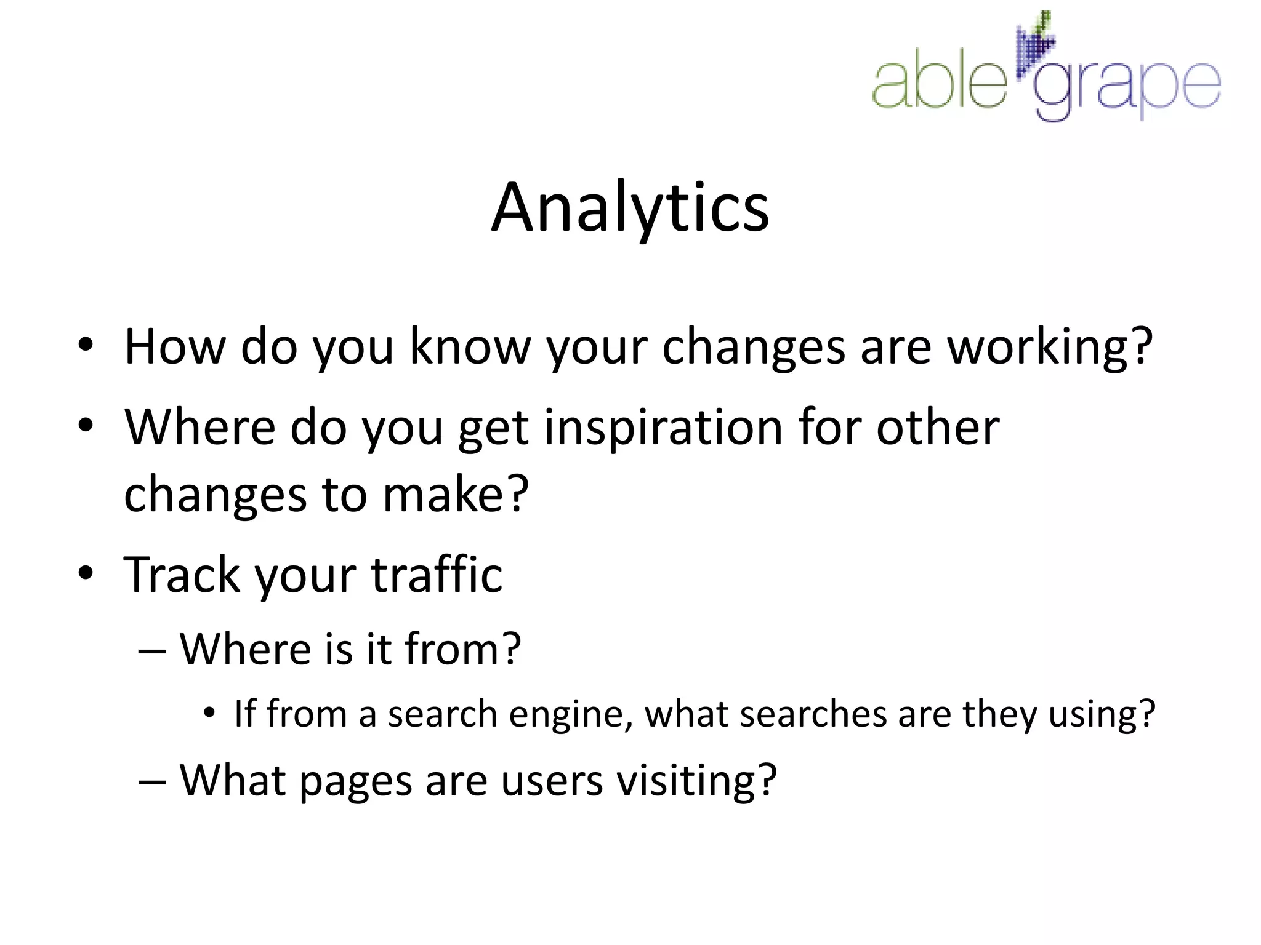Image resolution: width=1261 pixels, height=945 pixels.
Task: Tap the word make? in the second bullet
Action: click(456, 494)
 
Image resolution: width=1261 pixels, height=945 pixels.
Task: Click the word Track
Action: click(182, 575)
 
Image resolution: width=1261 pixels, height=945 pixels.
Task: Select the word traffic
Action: click(437, 575)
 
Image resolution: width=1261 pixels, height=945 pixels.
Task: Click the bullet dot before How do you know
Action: click(86, 345)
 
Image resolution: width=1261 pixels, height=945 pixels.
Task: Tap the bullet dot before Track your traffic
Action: click(86, 573)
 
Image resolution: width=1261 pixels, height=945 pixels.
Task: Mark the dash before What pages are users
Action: click(152, 782)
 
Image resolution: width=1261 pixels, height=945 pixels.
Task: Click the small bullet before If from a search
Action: click(209, 713)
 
